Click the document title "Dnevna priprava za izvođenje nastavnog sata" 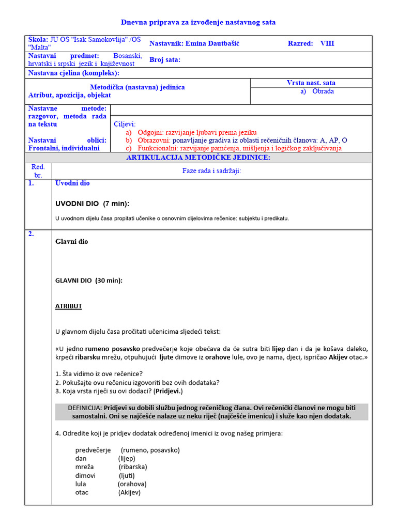[198, 22]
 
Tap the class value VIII [327, 43]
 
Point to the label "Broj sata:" [165, 60]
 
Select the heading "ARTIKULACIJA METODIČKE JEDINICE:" [198, 158]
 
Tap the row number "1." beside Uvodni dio [31, 183]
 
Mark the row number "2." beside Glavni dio [31, 234]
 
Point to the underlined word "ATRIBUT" [69, 306]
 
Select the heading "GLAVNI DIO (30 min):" [89, 281]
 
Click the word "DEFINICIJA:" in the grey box [85, 408]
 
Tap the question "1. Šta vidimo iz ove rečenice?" [99, 374]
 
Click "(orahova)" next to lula [132, 484]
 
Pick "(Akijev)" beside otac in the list [129, 492]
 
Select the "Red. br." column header [38, 171]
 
